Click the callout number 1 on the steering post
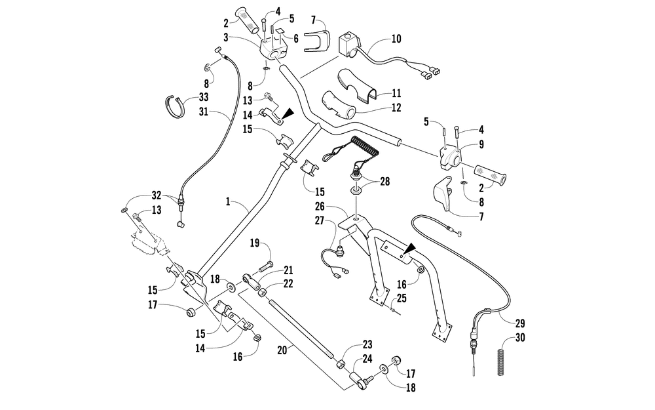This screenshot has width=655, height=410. point(227,203)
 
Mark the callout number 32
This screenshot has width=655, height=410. point(156,194)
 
